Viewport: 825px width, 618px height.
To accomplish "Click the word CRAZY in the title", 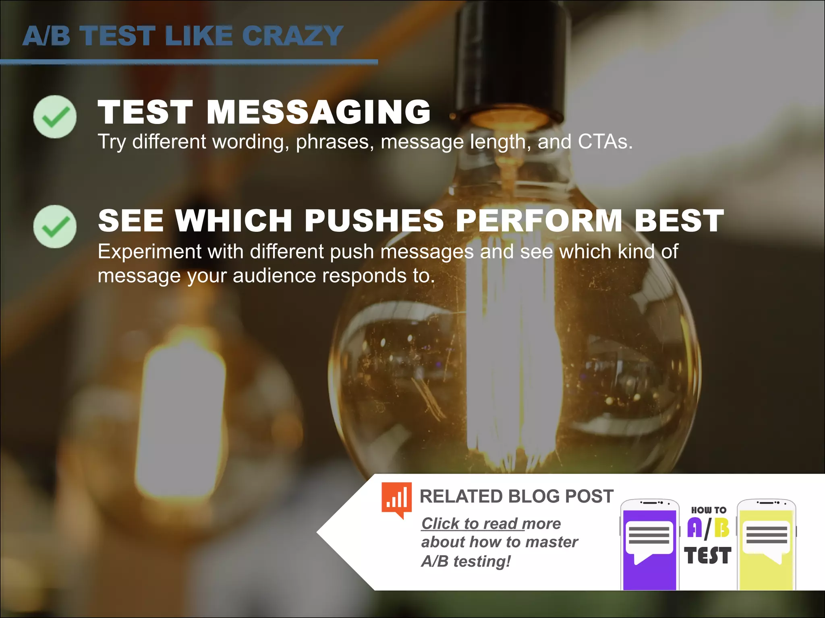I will (x=292, y=36).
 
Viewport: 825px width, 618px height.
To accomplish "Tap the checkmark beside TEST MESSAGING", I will (x=55, y=117).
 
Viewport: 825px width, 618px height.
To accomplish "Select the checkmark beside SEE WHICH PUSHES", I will (x=55, y=227).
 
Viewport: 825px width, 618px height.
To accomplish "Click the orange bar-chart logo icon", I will (x=397, y=499).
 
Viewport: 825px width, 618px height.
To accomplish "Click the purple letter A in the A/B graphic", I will (x=694, y=528).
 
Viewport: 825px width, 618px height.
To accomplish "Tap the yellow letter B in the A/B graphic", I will (x=721, y=528).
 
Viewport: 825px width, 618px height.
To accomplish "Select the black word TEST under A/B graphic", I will (x=708, y=556).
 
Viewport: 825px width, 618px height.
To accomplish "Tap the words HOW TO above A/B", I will (x=709, y=510).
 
